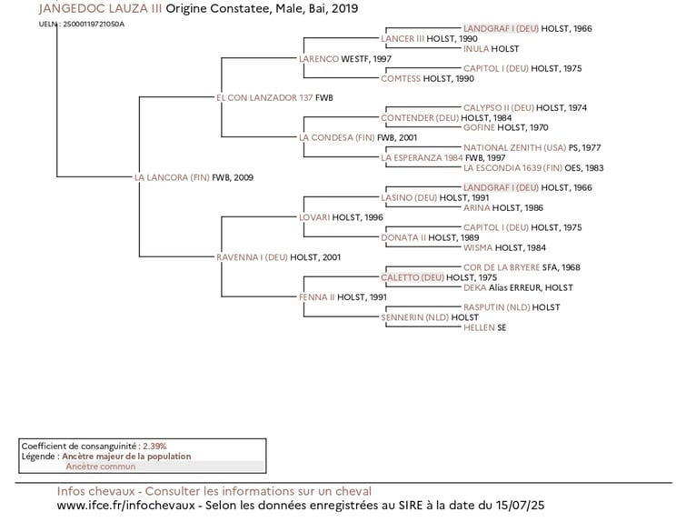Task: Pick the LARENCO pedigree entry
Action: point(318,58)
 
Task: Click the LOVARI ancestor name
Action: point(315,217)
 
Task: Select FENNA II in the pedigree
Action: point(316,297)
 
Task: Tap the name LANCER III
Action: point(403,39)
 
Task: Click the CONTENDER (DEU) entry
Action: point(420,118)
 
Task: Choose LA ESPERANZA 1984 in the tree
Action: point(422,157)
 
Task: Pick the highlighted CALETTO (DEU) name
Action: point(413,277)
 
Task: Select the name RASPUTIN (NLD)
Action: point(497,307)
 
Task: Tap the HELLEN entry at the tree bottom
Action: point(479,327)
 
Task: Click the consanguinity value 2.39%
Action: point(154,447)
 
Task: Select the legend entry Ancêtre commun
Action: point(100,467)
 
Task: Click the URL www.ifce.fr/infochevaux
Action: point(129,506)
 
